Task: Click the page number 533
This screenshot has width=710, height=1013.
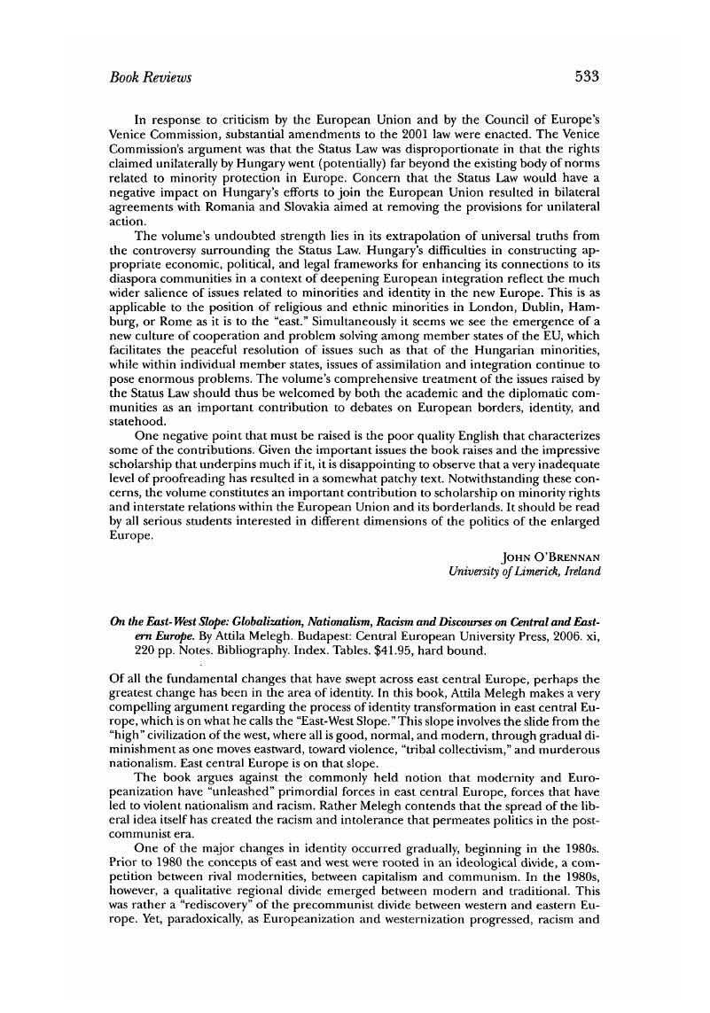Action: pyautogui.click(x=587, y=77)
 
